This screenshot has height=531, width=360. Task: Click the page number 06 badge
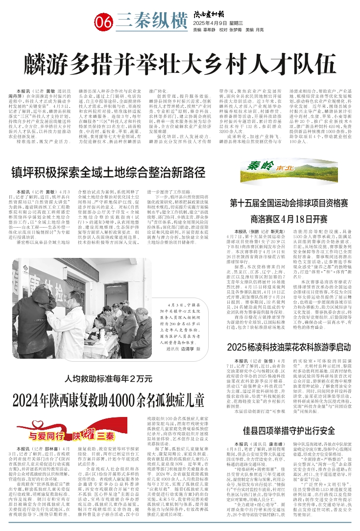tap(104, 22)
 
